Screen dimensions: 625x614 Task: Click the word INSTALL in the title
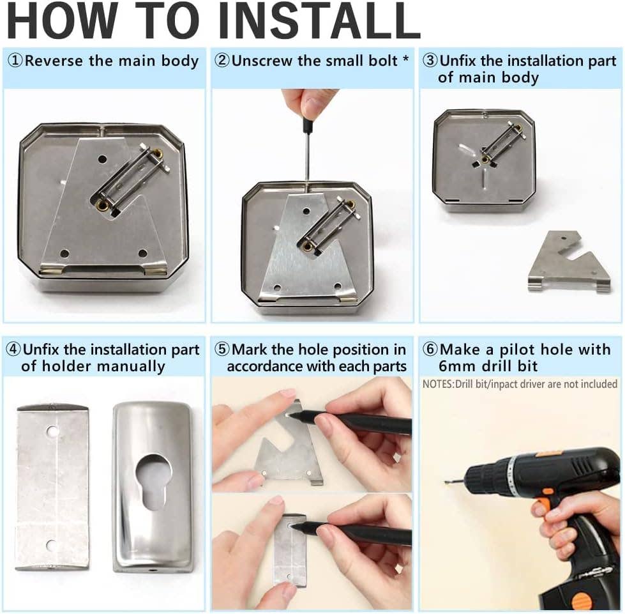click(319, 20)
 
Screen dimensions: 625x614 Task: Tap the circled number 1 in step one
click(16, 61)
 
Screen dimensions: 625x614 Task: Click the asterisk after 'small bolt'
click(406, 58)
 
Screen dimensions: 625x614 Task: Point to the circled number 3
click(431, 61)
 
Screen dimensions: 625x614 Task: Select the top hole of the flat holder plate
click(53, 431)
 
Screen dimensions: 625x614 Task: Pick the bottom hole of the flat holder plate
click(50, 544)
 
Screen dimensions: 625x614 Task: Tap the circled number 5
click(222, 349)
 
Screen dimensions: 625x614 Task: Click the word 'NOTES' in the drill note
click(437, 384)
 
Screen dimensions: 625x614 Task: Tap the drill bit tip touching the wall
click(447, 484)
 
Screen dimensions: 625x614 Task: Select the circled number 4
click(13, 349)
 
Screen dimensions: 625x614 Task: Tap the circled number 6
click(430, 349)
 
